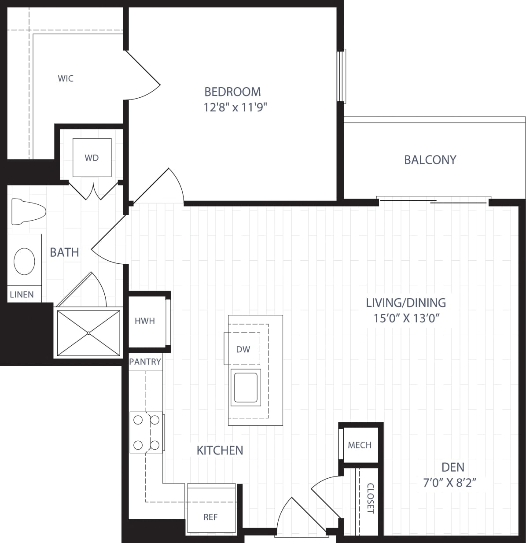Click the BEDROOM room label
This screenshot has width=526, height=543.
232,92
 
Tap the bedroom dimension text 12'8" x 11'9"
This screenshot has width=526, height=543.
235,107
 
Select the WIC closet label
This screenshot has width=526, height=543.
66,79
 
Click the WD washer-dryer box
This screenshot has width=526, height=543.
92,158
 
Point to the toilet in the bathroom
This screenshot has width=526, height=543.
28,211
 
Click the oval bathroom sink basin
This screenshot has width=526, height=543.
24,261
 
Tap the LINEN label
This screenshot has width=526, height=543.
22,295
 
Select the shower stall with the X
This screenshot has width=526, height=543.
88,332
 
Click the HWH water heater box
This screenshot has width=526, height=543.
145,321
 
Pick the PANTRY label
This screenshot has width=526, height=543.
145,362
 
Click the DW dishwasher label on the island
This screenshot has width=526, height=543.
243,349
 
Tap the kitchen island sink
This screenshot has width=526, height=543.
246,387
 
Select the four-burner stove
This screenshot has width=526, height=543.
146,433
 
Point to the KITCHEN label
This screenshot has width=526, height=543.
220,450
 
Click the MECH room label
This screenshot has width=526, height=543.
360,445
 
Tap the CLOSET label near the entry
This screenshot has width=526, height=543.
370,498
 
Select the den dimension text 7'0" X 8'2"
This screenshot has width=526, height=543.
450,483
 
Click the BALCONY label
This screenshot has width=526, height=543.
430,160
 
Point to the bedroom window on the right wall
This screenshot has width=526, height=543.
342,76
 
